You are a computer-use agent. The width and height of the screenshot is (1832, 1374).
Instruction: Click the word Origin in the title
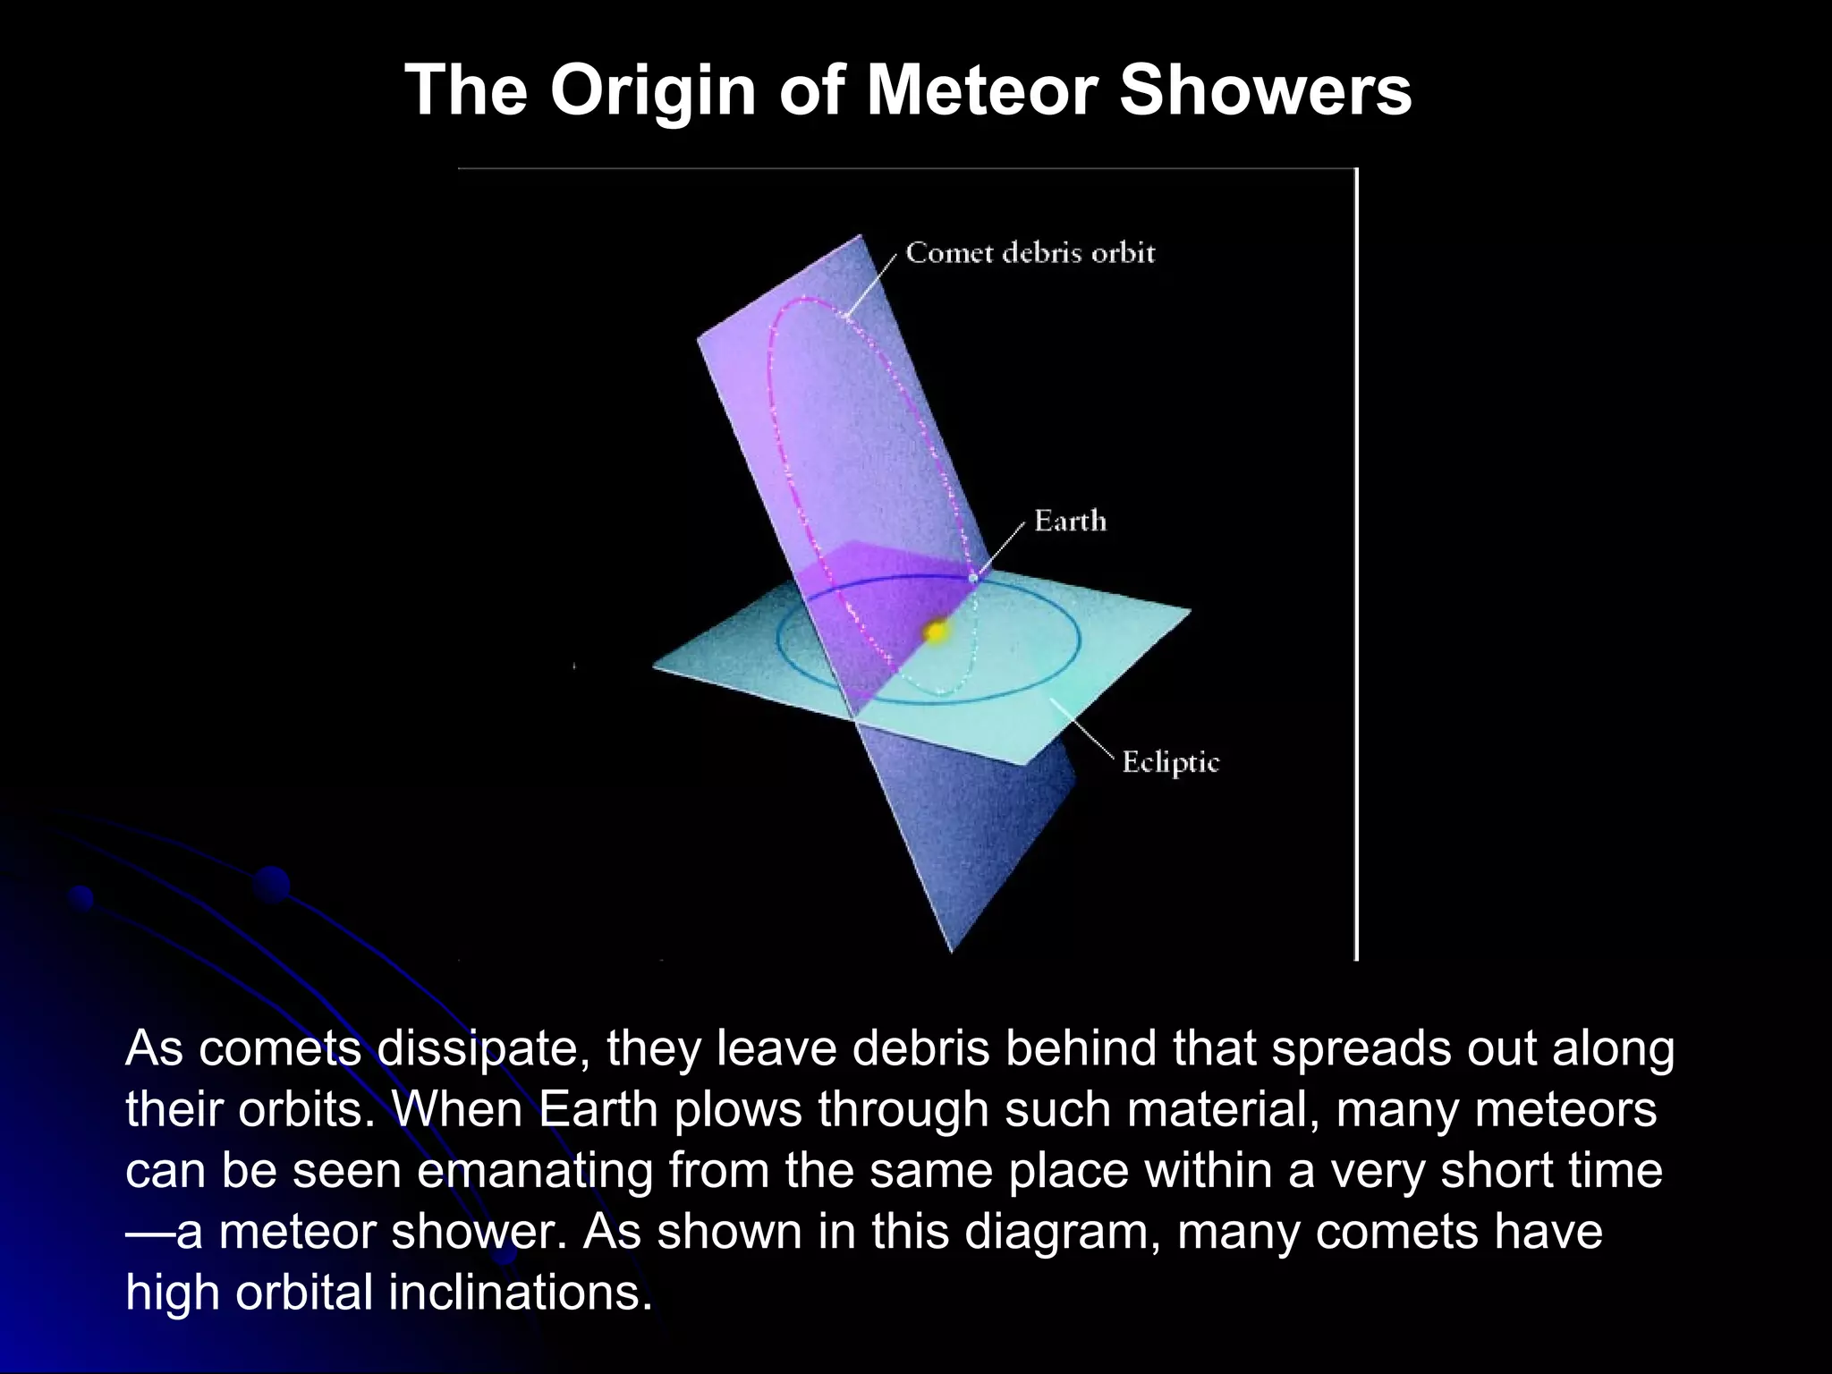tap(653, 90)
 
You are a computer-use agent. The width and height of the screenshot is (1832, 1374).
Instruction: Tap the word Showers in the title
tap(1265, 90)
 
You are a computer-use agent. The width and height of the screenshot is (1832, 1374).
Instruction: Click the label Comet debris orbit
tap(1030, 253)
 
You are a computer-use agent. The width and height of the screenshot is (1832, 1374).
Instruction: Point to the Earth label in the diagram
tap(1070, 521)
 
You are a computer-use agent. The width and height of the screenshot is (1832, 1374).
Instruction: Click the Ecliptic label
tap(1170, 762)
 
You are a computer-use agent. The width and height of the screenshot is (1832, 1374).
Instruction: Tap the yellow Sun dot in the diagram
tap(936, 632)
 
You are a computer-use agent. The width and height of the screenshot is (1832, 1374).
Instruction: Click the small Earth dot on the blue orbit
tap(973, 579)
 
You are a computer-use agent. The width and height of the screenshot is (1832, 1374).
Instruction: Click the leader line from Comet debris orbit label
tap(872, 284)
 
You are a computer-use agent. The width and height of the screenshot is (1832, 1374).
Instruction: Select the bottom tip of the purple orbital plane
tap(951, 952)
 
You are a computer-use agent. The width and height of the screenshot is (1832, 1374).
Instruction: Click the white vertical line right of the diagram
tap(1356, 564)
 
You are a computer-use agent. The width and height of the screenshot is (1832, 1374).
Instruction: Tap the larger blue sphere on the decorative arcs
tap(271, 884)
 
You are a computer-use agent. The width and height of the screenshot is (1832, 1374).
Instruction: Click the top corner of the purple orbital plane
tap(860, 236)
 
